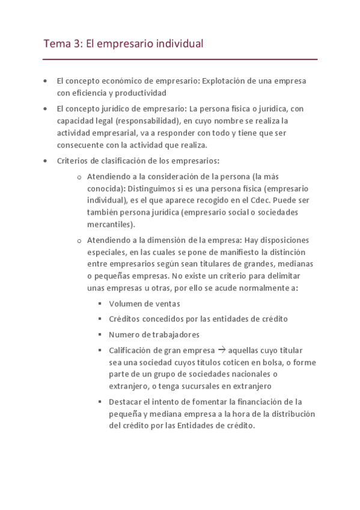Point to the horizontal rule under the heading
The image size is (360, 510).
pyautogui.click(x=180, y=60)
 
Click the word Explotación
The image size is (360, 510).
pyautogui.click(x=227, y=81)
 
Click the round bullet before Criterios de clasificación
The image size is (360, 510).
pyautogui.click(x=46, y=161)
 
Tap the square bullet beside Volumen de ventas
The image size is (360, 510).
pyautogui.click(x=100, y=304)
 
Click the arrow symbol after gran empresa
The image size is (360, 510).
pyautogui.click(x=221, y=349)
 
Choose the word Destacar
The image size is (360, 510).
pyautogui.click(x=126, y=401)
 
